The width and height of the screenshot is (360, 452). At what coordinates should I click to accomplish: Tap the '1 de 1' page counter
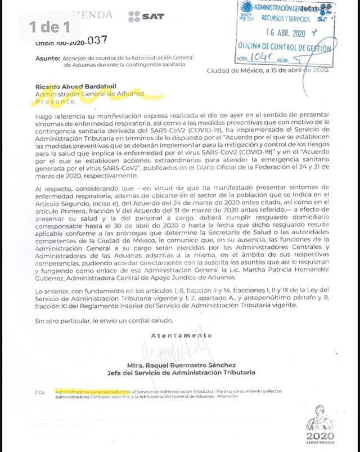point(51,26)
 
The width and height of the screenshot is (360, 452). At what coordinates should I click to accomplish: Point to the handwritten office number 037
point(95,41)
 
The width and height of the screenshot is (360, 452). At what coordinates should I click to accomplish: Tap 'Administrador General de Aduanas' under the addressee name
point(89,95)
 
